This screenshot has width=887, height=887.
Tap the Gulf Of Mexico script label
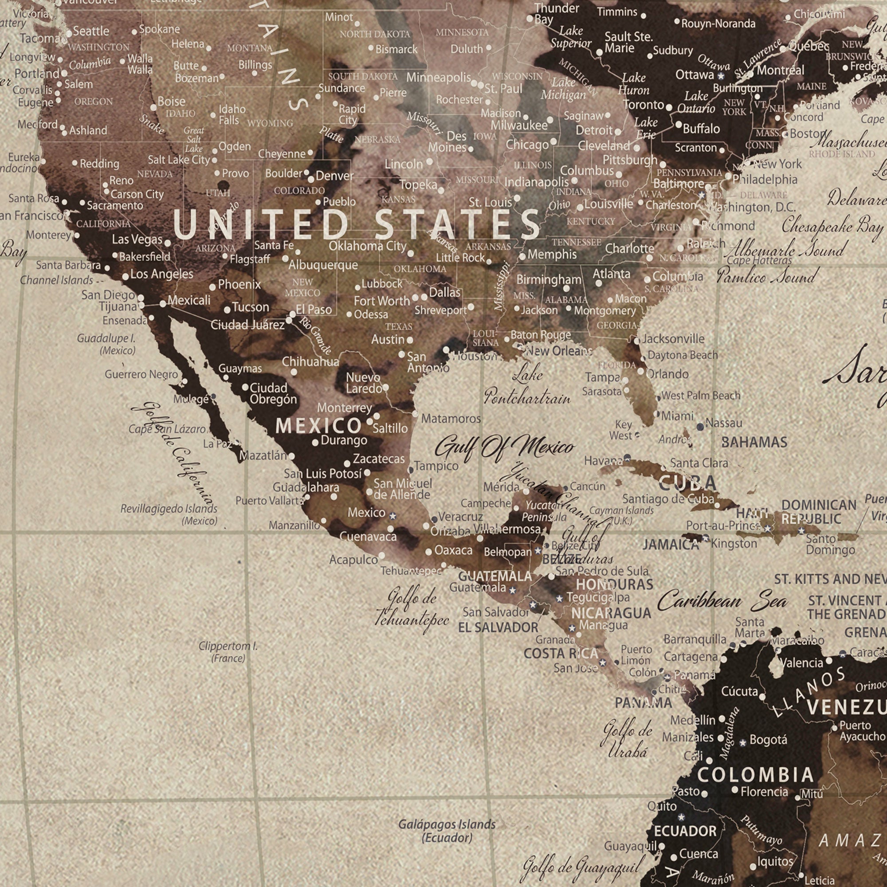(504, 447)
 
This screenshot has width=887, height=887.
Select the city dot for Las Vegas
(168, 243)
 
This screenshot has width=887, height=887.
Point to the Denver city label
(334, 175)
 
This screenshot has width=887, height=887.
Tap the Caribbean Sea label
(722, 601)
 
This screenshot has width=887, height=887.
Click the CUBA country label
(687, 483)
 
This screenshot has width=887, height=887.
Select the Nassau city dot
(700, 427)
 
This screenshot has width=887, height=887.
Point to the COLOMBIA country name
(755, 775)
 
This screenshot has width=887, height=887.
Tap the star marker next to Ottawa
(721, 76)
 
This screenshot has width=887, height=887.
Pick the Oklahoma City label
(367, 246)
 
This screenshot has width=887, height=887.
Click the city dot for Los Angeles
(126, 277)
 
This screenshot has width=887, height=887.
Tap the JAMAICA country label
(670, 545)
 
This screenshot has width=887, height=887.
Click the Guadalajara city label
(306, 487)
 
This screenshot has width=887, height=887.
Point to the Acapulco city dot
(381, 556)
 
